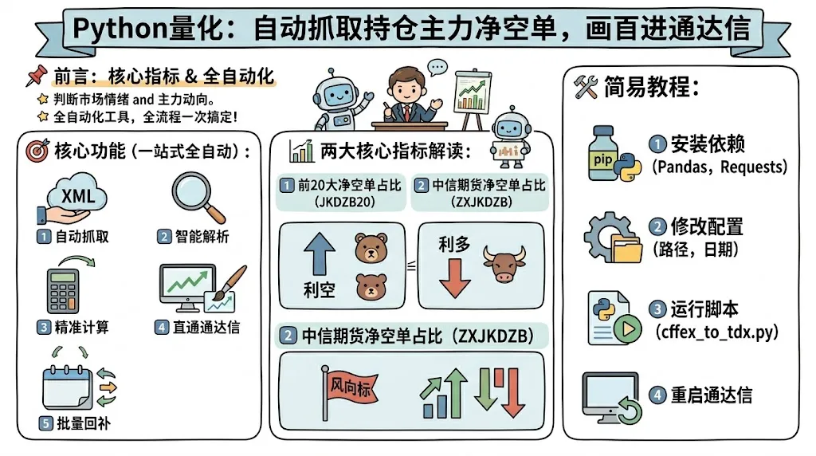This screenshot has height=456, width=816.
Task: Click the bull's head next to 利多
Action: pyautogui.click(x=504, y=264)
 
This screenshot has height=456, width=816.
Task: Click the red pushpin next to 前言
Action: pyautogui.click(x=36, y=77)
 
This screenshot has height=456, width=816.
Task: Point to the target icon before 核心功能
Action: pyautogui.click(x=37, y=151)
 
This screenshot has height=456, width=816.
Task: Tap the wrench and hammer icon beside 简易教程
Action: pyautogui.click(x=586, y=88)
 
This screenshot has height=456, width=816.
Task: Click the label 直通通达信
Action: pyautogui.click(x=206, y=327)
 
